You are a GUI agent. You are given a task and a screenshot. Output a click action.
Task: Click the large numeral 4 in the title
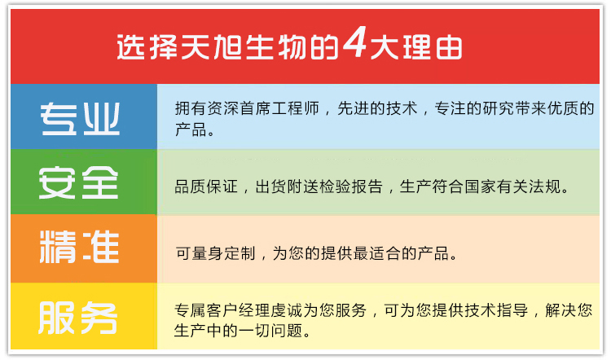pyautogui.click(x=354, y=42)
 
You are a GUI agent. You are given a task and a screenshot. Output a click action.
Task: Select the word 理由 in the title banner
pyautogui.click(x=433, y=47)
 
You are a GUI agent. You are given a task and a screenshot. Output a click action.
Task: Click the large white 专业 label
pyautogui.click(x=80, y=119)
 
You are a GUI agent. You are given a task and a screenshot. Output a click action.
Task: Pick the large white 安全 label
pyautogui.click(x=78, y=182)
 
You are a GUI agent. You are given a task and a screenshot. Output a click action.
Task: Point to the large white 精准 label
pyautogui.click(x=79, y=247)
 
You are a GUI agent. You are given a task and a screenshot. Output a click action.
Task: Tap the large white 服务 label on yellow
pyautogui.click(x=78, y=318)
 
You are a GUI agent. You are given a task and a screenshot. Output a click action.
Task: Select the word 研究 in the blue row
pyautogui.click(x=499, y=108)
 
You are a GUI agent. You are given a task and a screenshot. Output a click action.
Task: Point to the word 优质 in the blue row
pyautogui.click(x=563, y=108)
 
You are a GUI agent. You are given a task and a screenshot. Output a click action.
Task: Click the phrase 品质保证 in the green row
pyautogui.click(x=206, y=187)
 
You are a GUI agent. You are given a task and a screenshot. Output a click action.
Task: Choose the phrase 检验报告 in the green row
pyautogui.click(x=350, y=187)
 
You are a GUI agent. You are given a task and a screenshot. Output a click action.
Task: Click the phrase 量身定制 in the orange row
pyautogui.click(x=223, y=253)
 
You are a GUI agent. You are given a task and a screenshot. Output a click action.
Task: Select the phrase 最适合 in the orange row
pyautogui.click(x=377, y=253)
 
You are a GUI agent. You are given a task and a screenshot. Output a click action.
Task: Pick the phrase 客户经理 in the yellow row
pyautogui.click(x=238, y=310)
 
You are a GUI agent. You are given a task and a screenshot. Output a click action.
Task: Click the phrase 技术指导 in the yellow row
pyautogui.click(x=495, y=310)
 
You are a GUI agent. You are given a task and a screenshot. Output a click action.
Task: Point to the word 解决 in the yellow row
pyautogui.click(x=560, y=310)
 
